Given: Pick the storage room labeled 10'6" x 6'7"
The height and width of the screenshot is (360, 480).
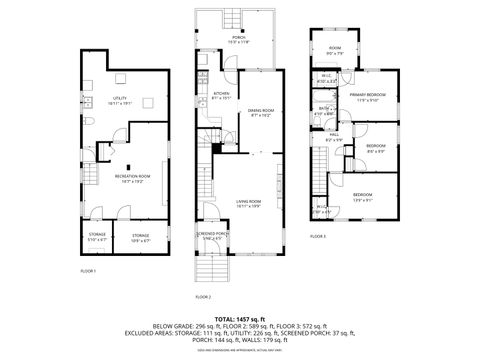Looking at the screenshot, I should pos(140,237).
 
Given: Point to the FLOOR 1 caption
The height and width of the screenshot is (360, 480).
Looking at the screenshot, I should pos(88,271).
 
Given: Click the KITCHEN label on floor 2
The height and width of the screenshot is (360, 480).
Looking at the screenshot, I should pos(221,96).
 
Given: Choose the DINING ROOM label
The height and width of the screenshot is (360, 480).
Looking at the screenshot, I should pos(261,113).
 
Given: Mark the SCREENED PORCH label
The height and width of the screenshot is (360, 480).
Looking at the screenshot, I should pos(211,236).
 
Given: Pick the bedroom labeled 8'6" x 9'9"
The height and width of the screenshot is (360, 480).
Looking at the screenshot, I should pos(375,148).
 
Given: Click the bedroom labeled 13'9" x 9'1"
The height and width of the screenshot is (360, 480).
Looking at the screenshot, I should pos(361,196).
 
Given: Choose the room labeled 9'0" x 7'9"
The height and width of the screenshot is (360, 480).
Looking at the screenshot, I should pos(335,52).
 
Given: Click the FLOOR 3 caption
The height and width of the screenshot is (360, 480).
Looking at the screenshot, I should pos(317,236).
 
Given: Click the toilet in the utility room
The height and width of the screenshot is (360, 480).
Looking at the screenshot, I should pos(90,120).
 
